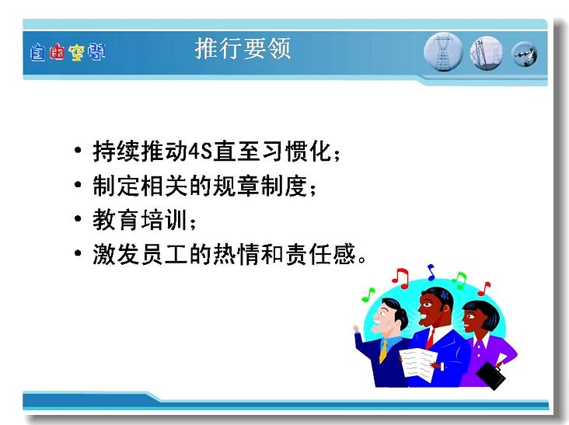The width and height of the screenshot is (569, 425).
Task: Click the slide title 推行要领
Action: pyautogui.click(x=243, y=49)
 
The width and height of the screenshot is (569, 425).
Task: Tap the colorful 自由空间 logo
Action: pyautogui.click(x=68, y=52)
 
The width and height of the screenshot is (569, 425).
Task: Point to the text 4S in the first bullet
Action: pyautogui.click(x=201, y=152)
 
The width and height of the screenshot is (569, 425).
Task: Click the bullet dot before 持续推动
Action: pyautogui.click(x=78, y=150)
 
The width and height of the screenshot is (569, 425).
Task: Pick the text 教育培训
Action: pyautogui.click(x=140, y=219)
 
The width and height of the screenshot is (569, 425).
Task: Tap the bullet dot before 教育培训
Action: pyautogui.click(x=78, y=218)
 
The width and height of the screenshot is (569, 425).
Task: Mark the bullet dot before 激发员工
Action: pyautogui.click(x=78, y=253)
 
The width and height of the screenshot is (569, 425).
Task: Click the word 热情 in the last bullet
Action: pyautogui.click(x=236, y=254)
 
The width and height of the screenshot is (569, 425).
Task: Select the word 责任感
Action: pyautogui.click(x=320, y=254)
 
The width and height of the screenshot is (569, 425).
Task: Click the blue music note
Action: pyautogui.click(x=431, y=273)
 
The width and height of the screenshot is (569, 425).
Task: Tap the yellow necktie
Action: pyautogui.click(x=383, y=351)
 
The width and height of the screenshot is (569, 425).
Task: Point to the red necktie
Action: pyautogui.click(x=430, y=339)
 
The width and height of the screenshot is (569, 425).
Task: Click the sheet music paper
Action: pyautogui.click(x=417, y=364)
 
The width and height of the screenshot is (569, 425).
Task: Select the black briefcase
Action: pyautogui.click(x=490, y=375)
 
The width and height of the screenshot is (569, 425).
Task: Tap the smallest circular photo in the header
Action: pyautogui.click(x=525, y=54)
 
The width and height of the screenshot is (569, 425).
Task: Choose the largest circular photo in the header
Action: pyautogui.click(x=443, y=52)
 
